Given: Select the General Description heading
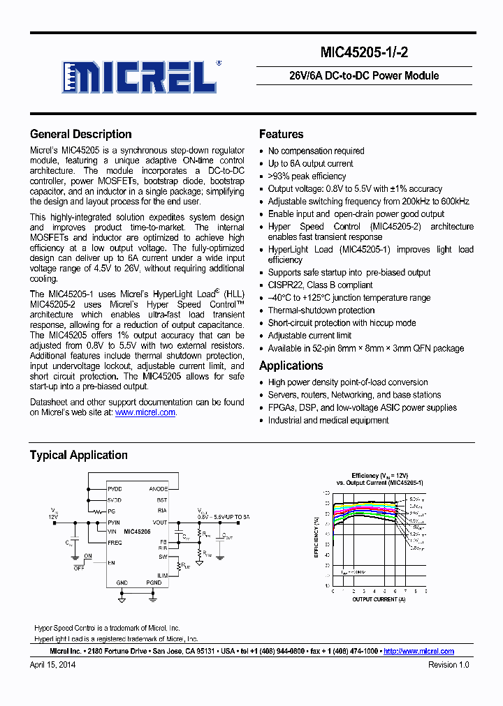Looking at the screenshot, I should click(x=80, y=134).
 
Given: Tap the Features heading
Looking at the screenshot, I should click(x=281, y=134).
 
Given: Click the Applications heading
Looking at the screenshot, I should click(x=291, y=366).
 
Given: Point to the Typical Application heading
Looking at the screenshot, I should click(x=78, y=455).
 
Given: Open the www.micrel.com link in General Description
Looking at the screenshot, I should click(x=145, y=412).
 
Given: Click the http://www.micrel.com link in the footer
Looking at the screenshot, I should click(x=418, y=651).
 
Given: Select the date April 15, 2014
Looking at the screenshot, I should click(x=52, y=665).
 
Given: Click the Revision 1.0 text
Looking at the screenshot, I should click(x=449, y=665).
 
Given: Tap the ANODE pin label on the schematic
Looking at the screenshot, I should click(x=158, y=489).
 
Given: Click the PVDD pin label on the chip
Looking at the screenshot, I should click(x=115, y=489).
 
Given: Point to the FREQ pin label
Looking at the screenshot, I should click(x=115, y=542).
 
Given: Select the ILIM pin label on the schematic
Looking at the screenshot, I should click(x=161, y=576).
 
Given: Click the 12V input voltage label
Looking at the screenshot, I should click(x=53, y=517).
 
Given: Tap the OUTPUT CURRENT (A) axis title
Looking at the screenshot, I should click(x=379, y=599).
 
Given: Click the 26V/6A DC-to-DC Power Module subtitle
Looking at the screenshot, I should click(x=364, y=76).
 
